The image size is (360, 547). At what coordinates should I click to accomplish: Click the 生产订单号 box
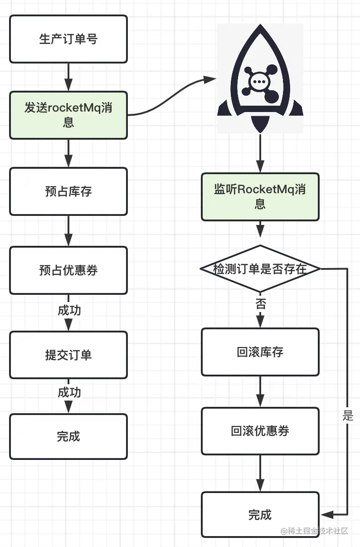pos(68,39)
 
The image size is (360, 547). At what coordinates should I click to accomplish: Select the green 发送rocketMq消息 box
pos(68,115)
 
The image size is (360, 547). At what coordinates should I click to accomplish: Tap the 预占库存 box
pos(68,191)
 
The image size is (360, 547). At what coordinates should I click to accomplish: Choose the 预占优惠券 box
pos(68,270)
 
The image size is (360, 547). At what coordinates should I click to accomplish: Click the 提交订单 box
pos(68,355)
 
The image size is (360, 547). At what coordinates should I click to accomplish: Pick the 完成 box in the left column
pos(68,436)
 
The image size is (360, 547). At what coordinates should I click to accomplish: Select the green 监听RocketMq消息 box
pos(260,197)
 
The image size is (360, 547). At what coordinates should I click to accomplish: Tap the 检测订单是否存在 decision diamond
pos(260,269)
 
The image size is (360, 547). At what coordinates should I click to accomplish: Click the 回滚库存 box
pos(260,352)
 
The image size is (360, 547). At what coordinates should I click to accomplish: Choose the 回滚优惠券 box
pos(260,431)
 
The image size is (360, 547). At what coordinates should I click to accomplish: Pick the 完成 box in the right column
pos(260,515)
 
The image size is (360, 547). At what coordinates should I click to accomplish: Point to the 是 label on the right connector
pos(348,415)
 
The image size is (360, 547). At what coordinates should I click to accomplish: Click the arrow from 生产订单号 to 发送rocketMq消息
pos(68,77)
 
